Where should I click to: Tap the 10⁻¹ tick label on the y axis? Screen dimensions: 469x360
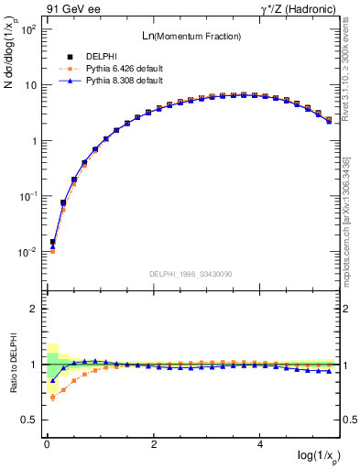[x=27, y=196]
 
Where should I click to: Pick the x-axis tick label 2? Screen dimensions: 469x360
[x=154, y=444]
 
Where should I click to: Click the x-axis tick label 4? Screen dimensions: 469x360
[x=261, y=444]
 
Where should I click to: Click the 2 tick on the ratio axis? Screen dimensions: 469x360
[x=31, y=309]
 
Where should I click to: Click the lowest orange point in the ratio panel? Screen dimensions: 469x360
[x=53, y=397]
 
